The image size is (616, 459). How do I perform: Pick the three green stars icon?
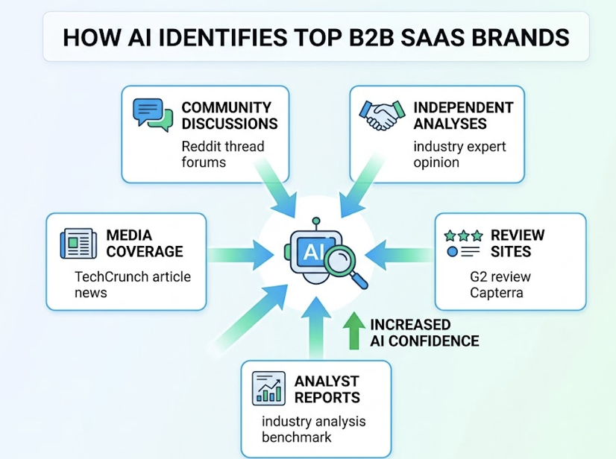pos(463,235)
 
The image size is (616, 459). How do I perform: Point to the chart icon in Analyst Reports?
pos(268,388)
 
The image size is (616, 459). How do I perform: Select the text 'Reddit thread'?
pos(223,146)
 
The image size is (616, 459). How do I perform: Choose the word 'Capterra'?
pos(496,292)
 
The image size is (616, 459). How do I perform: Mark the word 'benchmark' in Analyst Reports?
pos(296,437)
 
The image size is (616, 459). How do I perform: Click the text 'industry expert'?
pos(459,146)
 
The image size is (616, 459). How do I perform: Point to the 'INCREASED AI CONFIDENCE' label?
pos(424,333)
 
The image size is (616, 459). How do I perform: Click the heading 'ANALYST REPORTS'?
pos(327,390)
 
